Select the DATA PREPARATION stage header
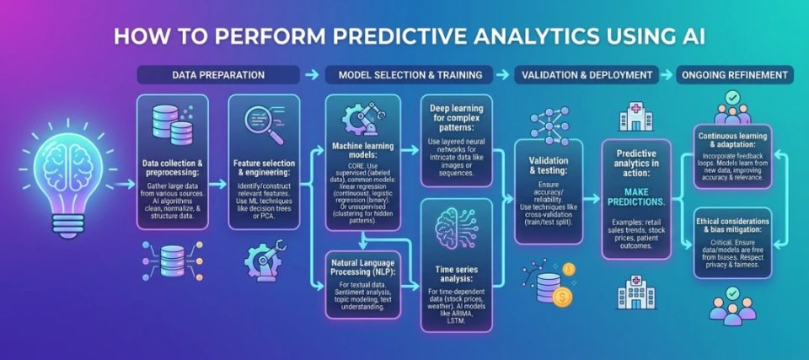pos(217,75)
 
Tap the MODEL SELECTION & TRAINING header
pos(410,75)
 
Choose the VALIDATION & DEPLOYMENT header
pos(587,75)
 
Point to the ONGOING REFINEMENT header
pos(735,75)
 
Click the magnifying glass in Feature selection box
pos(264,124)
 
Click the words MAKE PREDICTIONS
pos(635,196)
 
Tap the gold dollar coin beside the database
pos(562,297)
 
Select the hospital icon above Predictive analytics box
pos(635,115)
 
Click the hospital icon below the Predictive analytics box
pos(635,292)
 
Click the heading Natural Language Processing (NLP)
pos(362,266)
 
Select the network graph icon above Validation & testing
pos(549,126)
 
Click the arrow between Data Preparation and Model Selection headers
pos(312,75)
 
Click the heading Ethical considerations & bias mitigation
pos(732,225)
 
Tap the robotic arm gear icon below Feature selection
pos(263,260)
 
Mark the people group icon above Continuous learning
pos(732,109)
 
